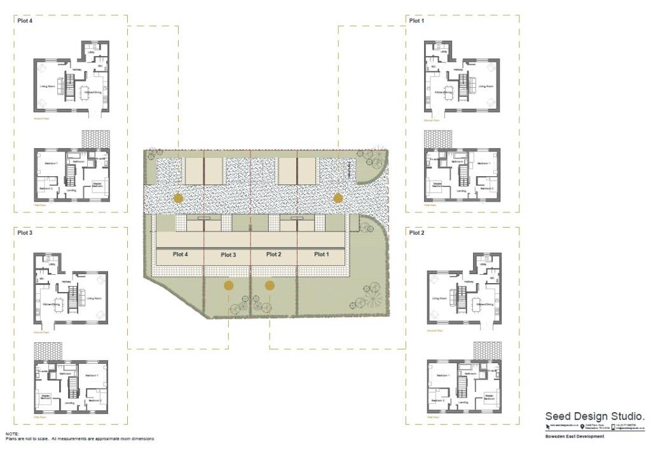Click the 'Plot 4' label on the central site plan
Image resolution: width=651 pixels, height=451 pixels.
point(181,254)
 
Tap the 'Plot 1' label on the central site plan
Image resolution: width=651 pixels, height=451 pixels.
point(322,254)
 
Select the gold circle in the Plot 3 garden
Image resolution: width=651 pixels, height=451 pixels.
point(228,286)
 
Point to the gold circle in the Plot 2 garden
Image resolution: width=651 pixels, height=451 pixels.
point(270,286)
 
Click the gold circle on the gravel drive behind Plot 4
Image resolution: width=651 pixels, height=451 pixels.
point(178,198)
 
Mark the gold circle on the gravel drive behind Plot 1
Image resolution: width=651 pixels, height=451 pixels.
point(338,198)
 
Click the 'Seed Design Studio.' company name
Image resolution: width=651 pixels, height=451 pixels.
point(595,416)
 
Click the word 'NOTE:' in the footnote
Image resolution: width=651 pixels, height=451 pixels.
point(11,434)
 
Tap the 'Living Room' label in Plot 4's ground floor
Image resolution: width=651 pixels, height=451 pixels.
point(47,86)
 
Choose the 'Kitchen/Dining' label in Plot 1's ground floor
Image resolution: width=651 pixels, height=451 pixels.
point(444,92)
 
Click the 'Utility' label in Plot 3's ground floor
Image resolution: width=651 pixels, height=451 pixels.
point(43,264)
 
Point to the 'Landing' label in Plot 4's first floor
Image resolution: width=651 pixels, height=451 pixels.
point(71,190)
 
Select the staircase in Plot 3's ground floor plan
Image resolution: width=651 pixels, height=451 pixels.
point(72,296)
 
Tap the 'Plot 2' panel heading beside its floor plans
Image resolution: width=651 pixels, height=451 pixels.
point(416,233)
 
